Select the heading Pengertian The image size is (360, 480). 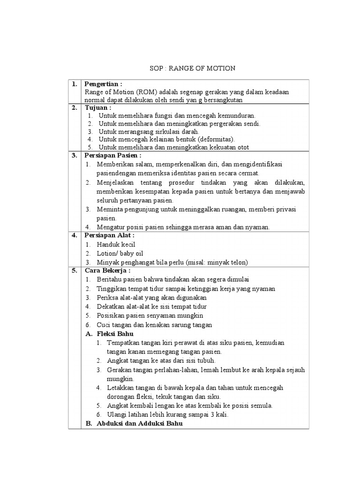coord(103,84)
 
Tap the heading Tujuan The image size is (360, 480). coord(97,107)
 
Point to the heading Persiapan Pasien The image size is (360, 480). coord(112,155)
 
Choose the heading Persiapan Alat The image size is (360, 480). coord(109,235)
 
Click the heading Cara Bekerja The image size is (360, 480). coord(107,270)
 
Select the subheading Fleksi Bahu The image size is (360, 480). coord(115,334)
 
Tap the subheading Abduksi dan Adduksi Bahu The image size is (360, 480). coord(139,423)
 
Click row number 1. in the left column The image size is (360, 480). coord(75,84)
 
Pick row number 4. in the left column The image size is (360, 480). coord(75,235)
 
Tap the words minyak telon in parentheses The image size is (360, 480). coord(228,262)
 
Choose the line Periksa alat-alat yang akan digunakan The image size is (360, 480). coord(151,298)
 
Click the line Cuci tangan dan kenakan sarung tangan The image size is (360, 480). coord(154,325)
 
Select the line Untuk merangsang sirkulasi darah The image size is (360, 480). coord(149,132)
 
